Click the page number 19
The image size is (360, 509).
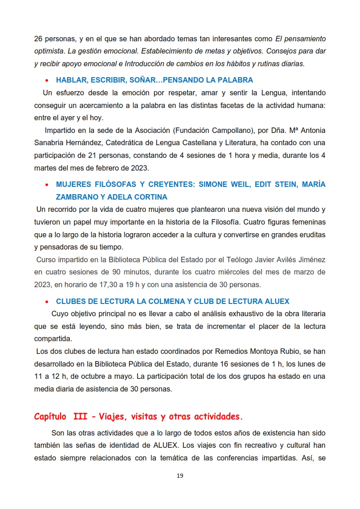180,476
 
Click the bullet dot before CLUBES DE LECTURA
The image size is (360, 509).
47,302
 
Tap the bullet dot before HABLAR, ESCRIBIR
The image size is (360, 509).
47,81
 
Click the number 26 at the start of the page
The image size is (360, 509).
39,39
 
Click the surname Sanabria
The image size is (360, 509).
49,143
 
